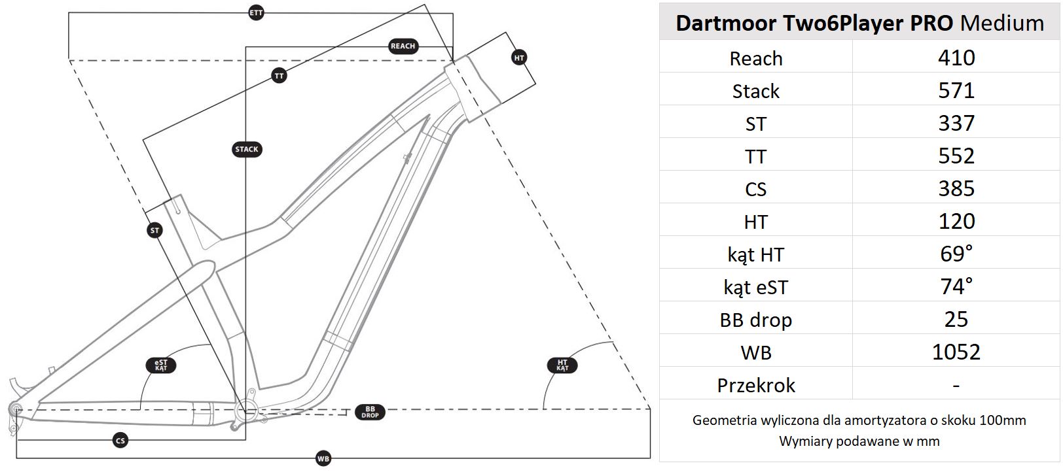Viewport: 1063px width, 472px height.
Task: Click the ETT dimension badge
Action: click(257, 12)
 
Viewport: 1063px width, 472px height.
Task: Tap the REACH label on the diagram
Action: click(403, 46)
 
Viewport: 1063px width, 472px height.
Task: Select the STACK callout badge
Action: click(247, 149)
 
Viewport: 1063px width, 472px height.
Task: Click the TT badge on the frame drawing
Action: click(279, 76)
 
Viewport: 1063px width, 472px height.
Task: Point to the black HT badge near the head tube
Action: click(519, 58)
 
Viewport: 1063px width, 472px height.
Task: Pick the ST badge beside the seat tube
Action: click(154, 230)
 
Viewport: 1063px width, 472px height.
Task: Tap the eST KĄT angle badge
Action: click(161, 365)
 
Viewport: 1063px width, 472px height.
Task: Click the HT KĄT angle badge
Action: click(562, 365)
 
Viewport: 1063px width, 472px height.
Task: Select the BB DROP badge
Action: click(370, 413)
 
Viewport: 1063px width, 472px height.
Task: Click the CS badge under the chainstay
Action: click(120, 441)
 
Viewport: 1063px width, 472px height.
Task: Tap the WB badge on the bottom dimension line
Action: click(323, 459)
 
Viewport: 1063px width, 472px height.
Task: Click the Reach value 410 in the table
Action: click(956, 58)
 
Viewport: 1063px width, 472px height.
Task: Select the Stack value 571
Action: click(956, 91)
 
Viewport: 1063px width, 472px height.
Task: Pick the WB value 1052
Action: click(956, 352)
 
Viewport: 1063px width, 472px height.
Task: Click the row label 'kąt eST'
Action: click(755, 287)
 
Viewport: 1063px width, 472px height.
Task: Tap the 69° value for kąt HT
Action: click(956, 254)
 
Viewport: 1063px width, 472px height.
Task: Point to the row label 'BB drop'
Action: click(755, 320)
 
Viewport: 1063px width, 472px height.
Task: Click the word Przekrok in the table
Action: click(755, 385)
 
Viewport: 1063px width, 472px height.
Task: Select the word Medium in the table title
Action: click(1001, 23)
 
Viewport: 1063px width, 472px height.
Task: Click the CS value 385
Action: click(956, 189)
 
